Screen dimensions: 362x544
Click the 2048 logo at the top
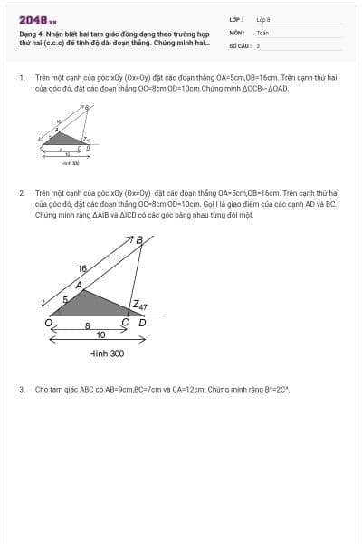click(38, 19)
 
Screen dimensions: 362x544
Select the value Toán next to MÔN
click(262, 32)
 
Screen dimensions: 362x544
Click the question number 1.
click(21, 79)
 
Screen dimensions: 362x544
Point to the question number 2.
click(21, 194)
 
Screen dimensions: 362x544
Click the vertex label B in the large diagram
click(139, 240)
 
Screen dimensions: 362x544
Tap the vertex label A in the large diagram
click(80, 286)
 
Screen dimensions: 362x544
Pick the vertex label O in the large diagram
click(48, 322)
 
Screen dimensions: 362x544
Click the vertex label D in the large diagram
click(141, 322)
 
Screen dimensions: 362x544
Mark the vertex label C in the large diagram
click(126, 322)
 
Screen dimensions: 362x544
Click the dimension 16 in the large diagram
click(82, 269)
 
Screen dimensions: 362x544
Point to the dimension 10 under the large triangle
click(100, 335)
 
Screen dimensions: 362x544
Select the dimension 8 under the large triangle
click(87, 325)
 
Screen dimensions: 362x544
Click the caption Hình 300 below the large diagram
click(106, 354)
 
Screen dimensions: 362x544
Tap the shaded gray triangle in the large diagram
click(90, 306)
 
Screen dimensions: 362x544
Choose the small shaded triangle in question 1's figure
click(64, 140)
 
